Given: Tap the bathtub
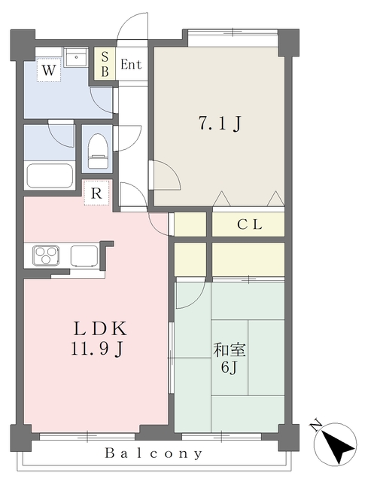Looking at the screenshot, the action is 50,175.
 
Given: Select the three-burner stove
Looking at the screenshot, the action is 47,255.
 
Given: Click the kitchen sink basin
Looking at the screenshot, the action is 84,255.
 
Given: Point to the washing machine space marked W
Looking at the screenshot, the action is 48,70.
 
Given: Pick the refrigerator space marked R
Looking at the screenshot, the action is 96,193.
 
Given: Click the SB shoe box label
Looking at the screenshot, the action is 105,64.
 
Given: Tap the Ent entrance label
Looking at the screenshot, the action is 131,65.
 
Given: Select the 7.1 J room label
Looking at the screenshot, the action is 220,124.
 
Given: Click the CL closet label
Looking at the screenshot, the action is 249,224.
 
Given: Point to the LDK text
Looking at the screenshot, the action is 99,328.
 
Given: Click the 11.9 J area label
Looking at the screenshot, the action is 97,349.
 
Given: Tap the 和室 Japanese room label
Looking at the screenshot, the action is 230,350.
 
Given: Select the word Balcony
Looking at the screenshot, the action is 154,453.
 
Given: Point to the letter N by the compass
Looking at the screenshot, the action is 316,426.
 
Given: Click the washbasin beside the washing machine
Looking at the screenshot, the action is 76,57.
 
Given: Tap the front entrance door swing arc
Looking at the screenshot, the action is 132,26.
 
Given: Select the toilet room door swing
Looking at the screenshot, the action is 127,138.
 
